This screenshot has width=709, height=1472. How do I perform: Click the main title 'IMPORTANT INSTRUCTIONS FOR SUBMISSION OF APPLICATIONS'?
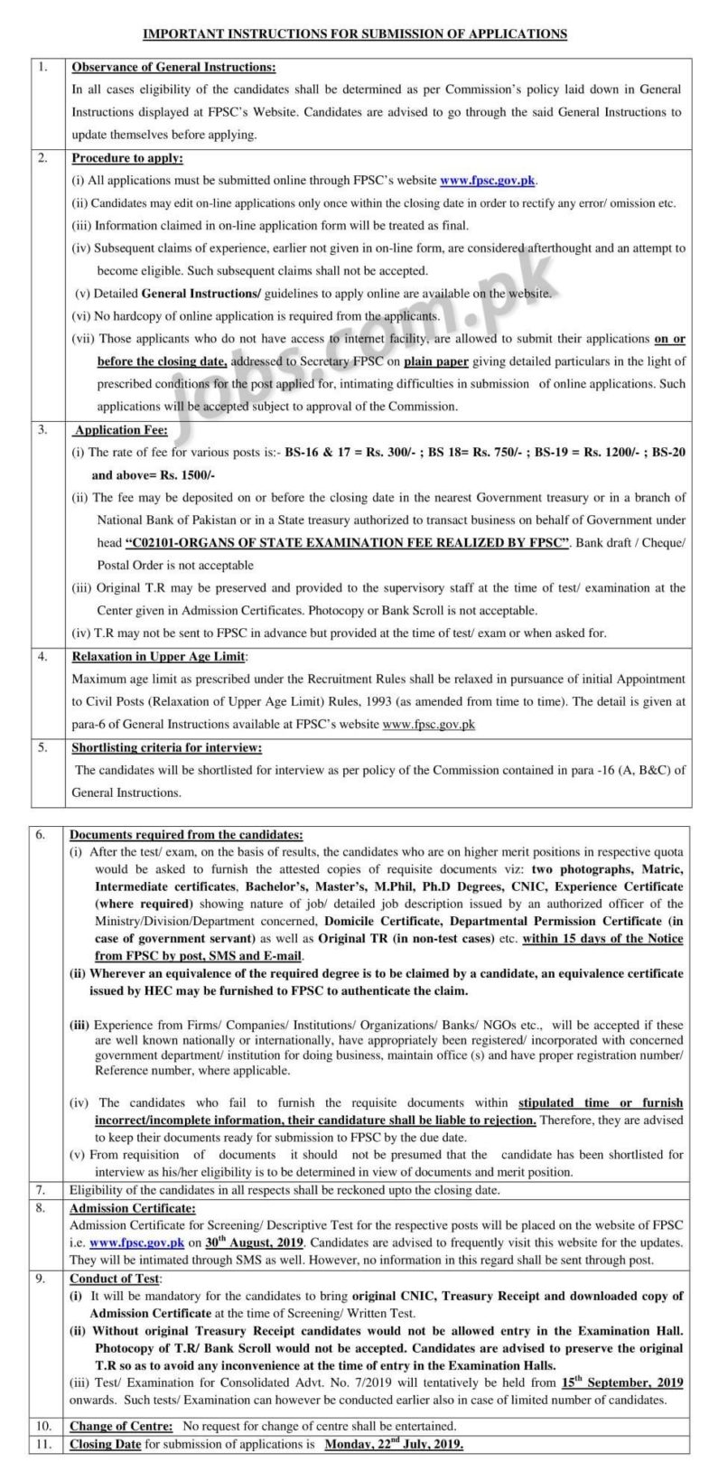[x=355, y=33]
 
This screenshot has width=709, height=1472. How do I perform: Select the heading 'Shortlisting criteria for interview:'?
[x=167, y=747]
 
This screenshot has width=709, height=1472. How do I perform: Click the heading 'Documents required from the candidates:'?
[x=187, y=834]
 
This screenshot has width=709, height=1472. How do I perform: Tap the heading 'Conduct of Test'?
[x=116, y=1279]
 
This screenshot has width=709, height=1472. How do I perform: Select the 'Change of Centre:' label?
[x=123, y=1425]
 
